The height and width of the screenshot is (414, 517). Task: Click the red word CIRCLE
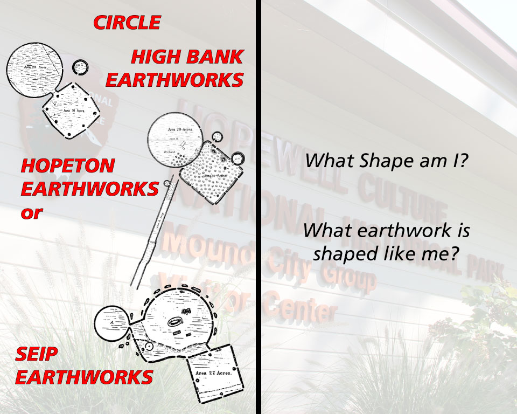(127, 23)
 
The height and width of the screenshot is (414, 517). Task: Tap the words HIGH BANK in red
(187, 57)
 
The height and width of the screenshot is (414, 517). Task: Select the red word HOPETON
(68, 165)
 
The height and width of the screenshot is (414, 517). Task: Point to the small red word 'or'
(31, 212)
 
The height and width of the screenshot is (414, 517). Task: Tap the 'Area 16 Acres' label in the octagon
(74, 110)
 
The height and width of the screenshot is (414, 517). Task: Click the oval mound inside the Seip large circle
(175, 322)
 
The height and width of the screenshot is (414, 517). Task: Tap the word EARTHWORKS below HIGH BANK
(174, 80)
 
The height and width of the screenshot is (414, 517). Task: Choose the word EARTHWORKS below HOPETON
(89, 189)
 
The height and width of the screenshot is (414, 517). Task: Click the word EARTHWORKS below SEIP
(84, 377)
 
